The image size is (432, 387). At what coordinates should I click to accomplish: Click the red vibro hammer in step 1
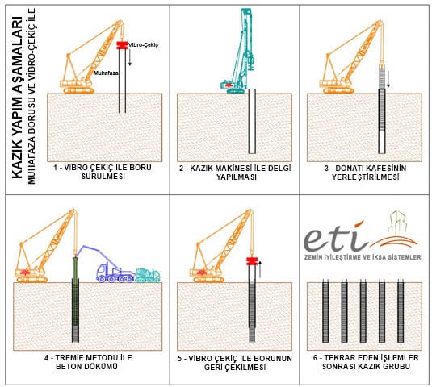[122, 45]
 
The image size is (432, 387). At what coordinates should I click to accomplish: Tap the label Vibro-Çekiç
[143, 45]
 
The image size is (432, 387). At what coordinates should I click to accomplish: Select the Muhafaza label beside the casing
[106, 73]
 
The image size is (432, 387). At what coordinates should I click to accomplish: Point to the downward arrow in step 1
[130, 58]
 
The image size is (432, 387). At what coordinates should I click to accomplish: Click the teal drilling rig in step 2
[239, 52]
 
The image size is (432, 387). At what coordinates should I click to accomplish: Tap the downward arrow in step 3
[388, 79]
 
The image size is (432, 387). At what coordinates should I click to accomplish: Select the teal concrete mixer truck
[148, 275]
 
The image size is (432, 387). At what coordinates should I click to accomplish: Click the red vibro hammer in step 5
[252, 261]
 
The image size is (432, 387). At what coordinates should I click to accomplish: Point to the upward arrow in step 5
[259, 269]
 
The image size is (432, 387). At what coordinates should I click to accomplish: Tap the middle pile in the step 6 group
[363, 311]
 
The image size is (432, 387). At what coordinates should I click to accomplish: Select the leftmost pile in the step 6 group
[325, 311]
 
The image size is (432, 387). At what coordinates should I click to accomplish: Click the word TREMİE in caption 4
[69, 357]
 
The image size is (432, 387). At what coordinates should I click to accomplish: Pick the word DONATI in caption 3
[348, 168]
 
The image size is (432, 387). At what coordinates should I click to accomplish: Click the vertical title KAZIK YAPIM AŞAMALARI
[18, 98]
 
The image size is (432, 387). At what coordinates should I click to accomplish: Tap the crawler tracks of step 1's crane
[79, 91]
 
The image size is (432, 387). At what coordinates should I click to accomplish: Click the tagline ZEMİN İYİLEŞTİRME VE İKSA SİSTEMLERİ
[363, 257]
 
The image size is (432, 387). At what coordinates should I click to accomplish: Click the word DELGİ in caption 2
[279, 168]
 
